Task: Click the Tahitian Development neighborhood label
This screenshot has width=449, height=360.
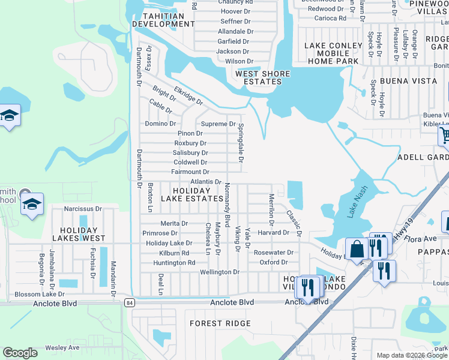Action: (x=163, y=20)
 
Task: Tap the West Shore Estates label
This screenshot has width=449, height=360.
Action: (x=262, y=78)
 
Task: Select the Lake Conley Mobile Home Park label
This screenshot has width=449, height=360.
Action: (x=332, y=53)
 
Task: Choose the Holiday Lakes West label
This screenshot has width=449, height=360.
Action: (x=79, y=234)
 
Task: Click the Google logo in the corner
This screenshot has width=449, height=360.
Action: (x=20, y=353)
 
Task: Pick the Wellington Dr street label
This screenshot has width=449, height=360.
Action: (x=219, y=272)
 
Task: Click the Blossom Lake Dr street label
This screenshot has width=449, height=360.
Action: (x=40, y=294)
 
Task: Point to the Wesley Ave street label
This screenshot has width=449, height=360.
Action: (x=62, y=347)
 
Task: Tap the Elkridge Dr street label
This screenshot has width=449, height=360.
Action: (x=188, y=95)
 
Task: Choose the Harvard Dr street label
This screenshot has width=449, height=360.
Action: (x=274, y=232)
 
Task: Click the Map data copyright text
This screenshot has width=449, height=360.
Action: (x=412, y=355)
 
